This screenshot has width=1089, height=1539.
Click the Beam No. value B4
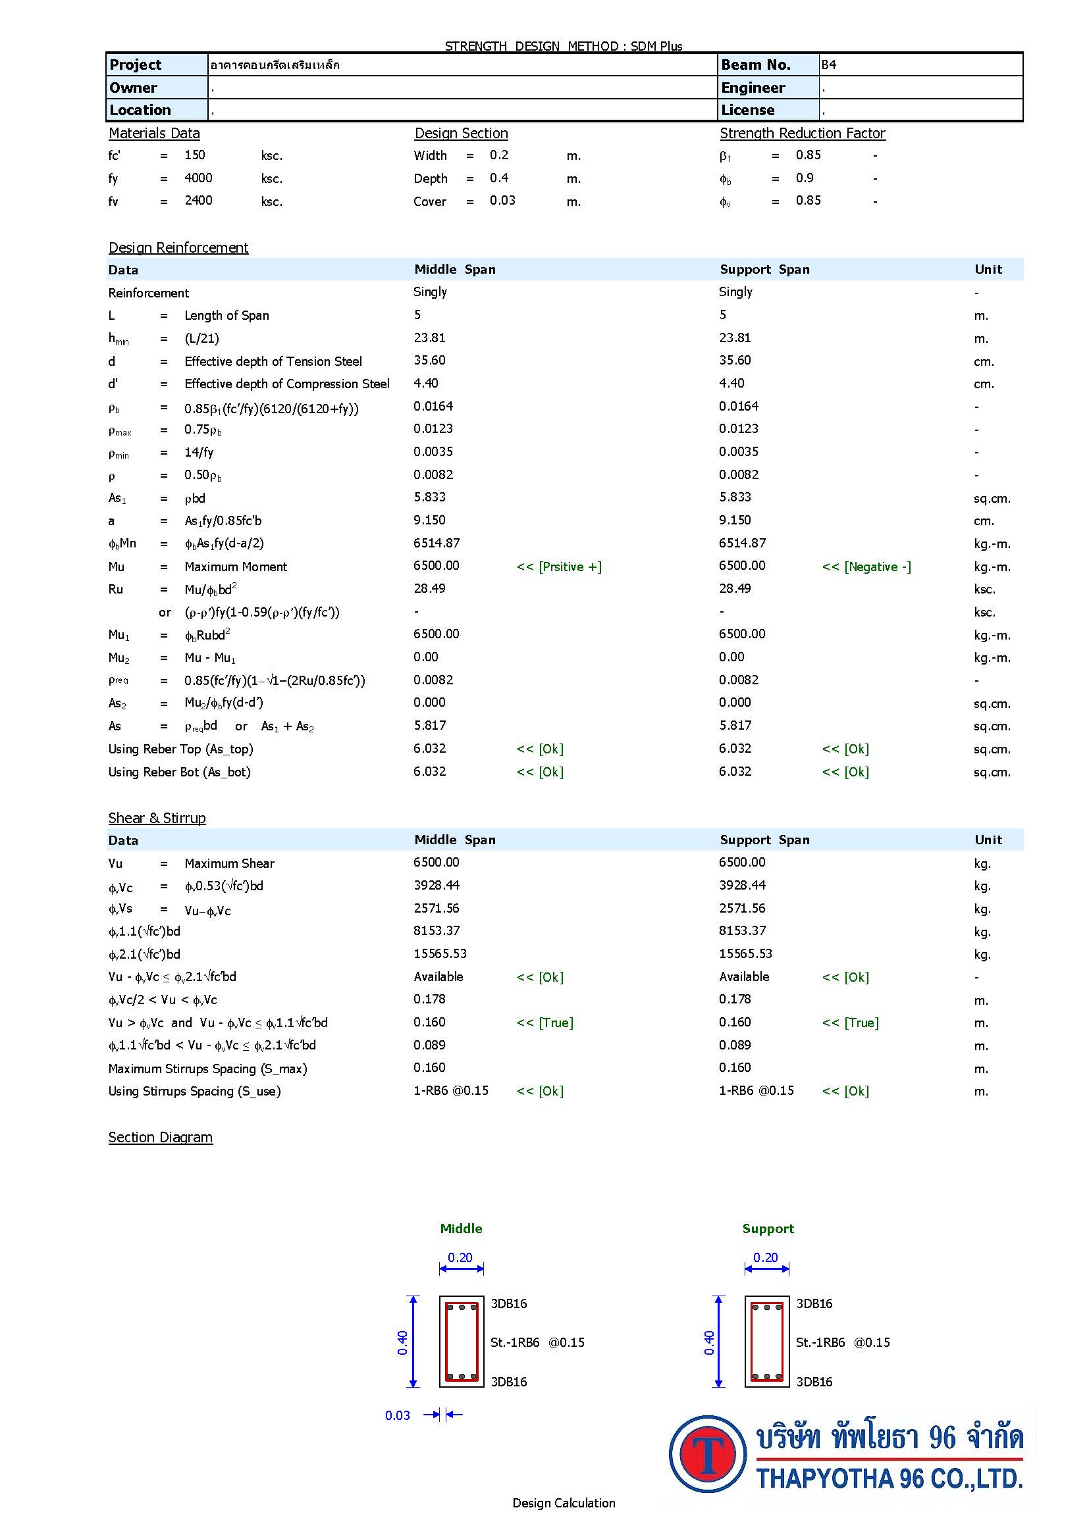[x=829, y=65]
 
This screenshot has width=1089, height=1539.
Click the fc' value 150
[x=194, y=155]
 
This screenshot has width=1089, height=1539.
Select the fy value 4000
[x=198, y=178]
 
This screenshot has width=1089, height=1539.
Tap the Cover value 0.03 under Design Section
[x=502, y=201]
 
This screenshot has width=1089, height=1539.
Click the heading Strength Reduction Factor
[x=802, y=134]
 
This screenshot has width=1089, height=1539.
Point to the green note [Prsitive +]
[x=558, y=567]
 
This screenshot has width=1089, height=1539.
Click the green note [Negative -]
[x=866, y=567]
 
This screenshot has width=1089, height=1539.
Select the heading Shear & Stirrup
[x=157, y=818]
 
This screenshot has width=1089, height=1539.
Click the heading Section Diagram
[x=160, y=1138]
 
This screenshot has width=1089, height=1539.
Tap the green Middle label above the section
[x=461, y=1228]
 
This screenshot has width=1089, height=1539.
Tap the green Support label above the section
[x=768, y=1228]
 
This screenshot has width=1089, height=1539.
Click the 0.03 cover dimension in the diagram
[x=398, y=1416]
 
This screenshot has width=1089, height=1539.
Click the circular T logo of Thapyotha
[x=707, y=1454]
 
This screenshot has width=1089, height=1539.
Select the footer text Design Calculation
[x=564, y=1503]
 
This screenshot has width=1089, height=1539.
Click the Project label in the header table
[x=136, y=65]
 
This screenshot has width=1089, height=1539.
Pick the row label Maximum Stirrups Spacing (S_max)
[x=207, y=1069]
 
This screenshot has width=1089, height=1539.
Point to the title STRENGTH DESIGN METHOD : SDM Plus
[x=564, y=46]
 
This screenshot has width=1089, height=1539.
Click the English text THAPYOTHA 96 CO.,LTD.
[x=889, y=1478]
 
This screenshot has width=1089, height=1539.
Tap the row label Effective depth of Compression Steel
[x=286, y=384]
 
